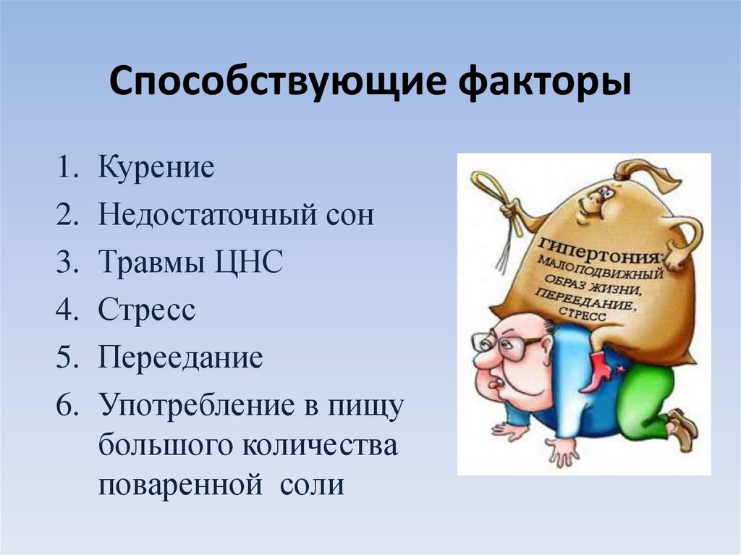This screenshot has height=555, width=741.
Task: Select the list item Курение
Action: point(156,168)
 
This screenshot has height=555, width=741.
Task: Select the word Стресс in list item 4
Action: point(147,310)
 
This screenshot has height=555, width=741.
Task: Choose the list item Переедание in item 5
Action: point(180,358)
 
